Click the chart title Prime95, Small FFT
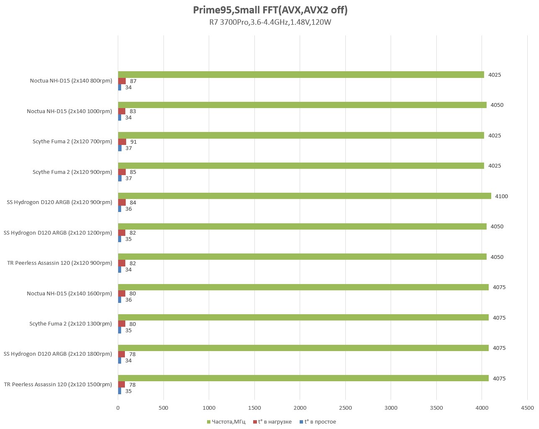(270, 10)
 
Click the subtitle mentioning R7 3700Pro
(270, 23)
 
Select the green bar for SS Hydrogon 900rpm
(304, 196)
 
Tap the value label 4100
(501, 196)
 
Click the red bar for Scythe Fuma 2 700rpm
(122, 142)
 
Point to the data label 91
(133, 142)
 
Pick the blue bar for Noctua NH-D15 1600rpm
(120, 300)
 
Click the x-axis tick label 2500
(345, 408)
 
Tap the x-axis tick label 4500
(527, 408)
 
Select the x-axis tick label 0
(118, 408)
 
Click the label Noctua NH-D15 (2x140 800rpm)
(71, 81)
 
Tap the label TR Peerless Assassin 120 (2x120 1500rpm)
(58, 385)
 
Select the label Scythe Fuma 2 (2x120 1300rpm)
(70, 324)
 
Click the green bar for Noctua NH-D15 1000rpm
(302, 105)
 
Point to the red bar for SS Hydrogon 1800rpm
(122, 354)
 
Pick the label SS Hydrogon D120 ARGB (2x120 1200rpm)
(58, 233)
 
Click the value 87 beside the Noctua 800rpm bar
(133, 81)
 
